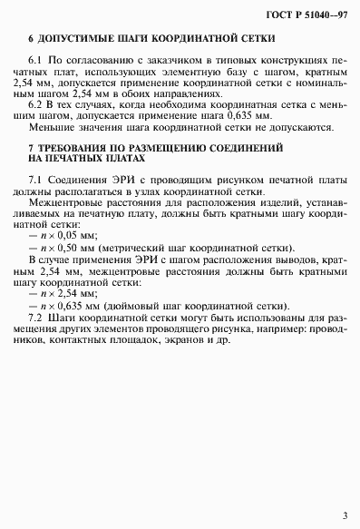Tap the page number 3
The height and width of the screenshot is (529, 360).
tap(344, 514)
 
